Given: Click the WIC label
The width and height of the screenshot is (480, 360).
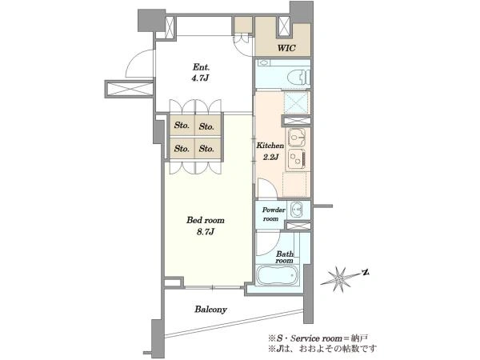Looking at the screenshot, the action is click(286, 48).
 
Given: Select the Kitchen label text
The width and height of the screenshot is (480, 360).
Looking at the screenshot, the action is click(270, 146).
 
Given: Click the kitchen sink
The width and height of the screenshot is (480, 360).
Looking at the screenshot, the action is click(296, 138).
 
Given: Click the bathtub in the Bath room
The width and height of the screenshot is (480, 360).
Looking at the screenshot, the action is click(277, 275).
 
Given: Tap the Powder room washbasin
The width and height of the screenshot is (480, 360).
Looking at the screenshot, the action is click(296, 210).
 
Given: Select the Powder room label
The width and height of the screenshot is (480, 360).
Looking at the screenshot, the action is click(274, 214).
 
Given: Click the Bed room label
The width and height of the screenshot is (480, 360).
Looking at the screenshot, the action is click(206, 220).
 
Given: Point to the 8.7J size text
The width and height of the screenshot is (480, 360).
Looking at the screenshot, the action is click(206, 232).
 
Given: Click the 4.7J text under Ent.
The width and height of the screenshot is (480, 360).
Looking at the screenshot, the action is click(200, 78).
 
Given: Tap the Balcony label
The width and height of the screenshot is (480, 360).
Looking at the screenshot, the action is click(210, 310).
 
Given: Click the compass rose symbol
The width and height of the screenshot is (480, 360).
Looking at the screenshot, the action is click(339, 278).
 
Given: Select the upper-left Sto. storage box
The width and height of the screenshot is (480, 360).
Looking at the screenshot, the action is click(182, 126).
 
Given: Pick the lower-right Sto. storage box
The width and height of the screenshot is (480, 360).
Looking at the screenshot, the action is click(207, 149).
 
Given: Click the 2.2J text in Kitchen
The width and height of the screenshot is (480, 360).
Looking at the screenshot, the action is click(270, 157).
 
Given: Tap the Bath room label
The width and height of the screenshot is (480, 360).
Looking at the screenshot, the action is click(284, 257).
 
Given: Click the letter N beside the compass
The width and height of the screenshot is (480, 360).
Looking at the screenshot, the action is click(366, 272).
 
